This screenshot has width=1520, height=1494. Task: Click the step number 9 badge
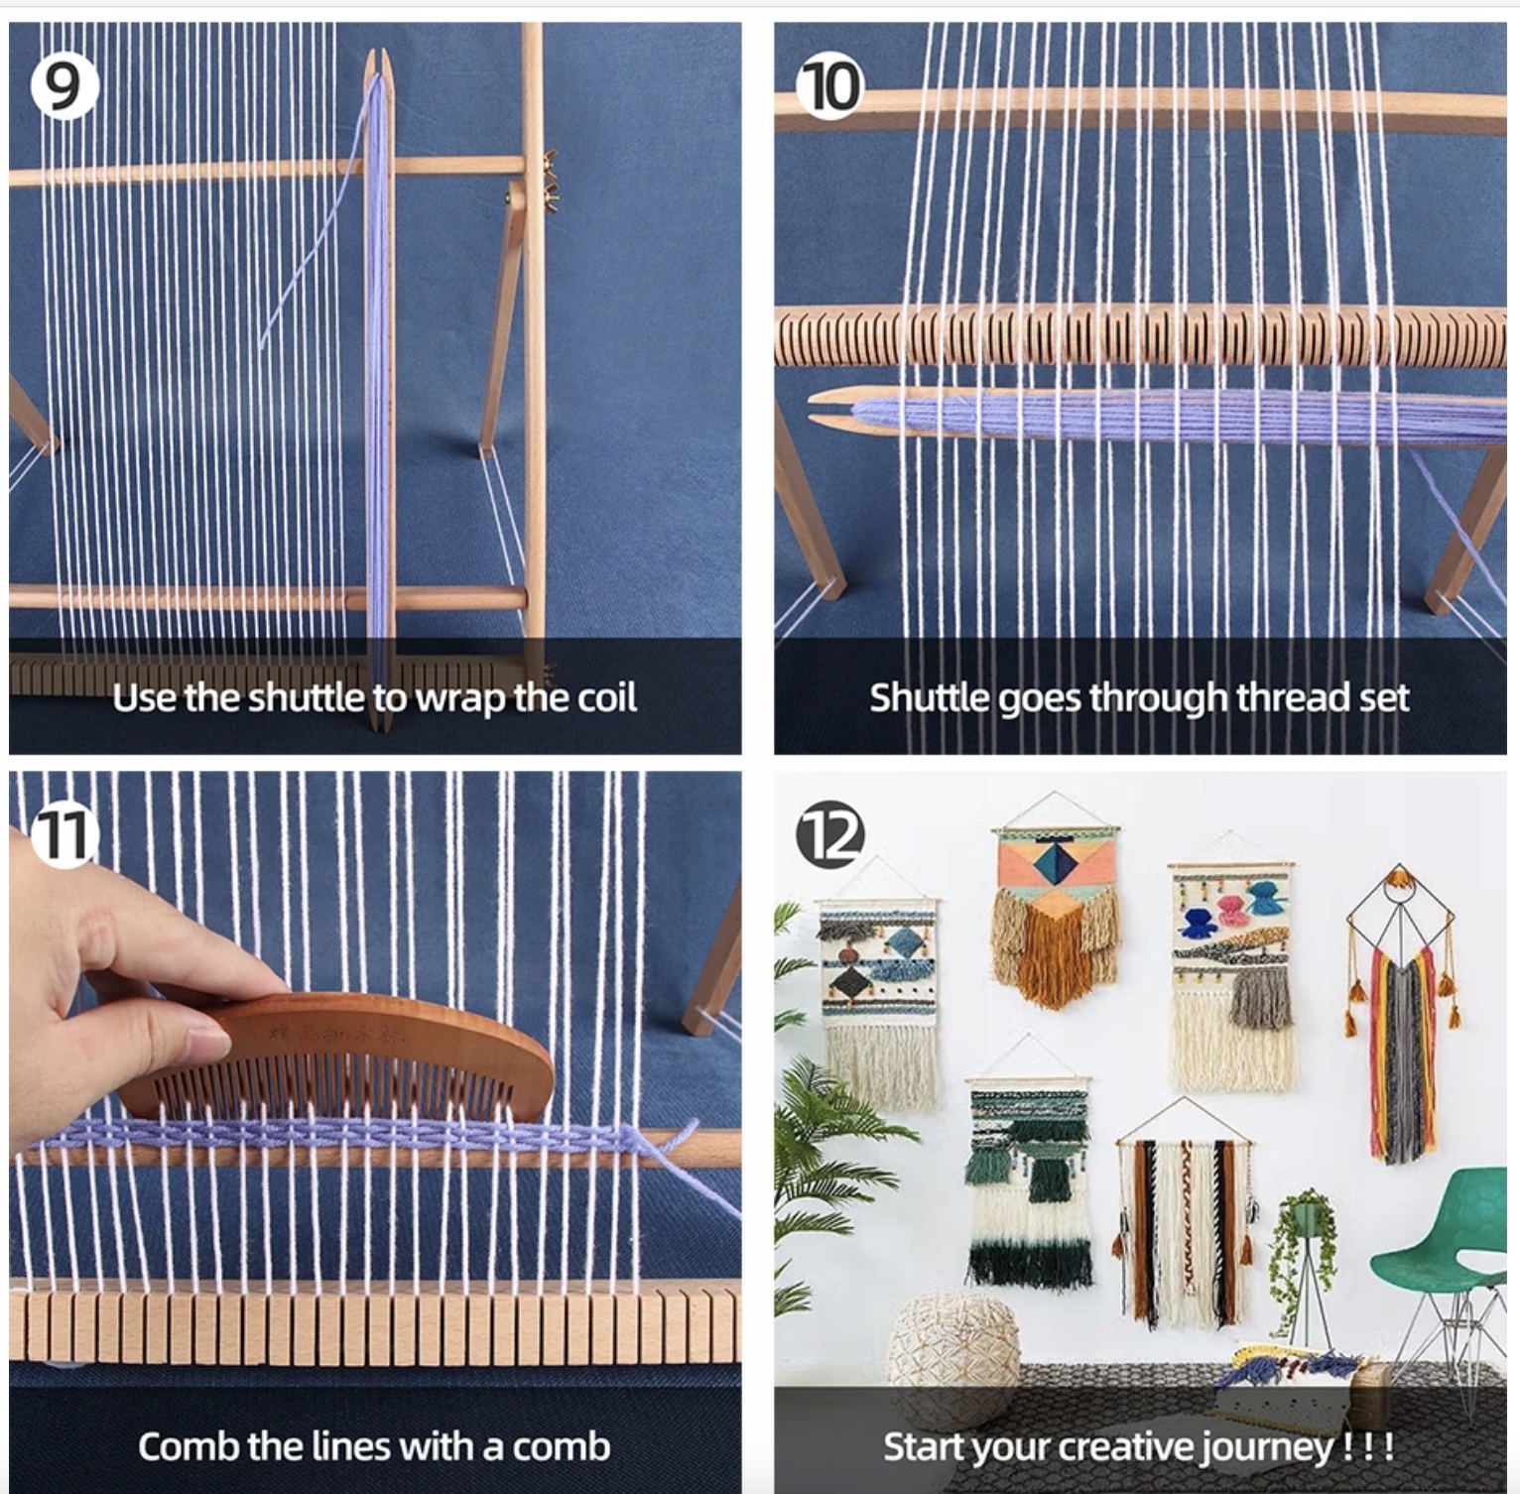coord(63,86)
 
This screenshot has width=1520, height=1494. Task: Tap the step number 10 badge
coord(830,86)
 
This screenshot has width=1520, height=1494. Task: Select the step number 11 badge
coord(63,835)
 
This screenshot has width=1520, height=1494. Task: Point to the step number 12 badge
coord(830,835)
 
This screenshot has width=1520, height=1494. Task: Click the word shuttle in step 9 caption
coord(308,698)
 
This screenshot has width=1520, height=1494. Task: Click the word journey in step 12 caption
coord(1267,1447)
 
